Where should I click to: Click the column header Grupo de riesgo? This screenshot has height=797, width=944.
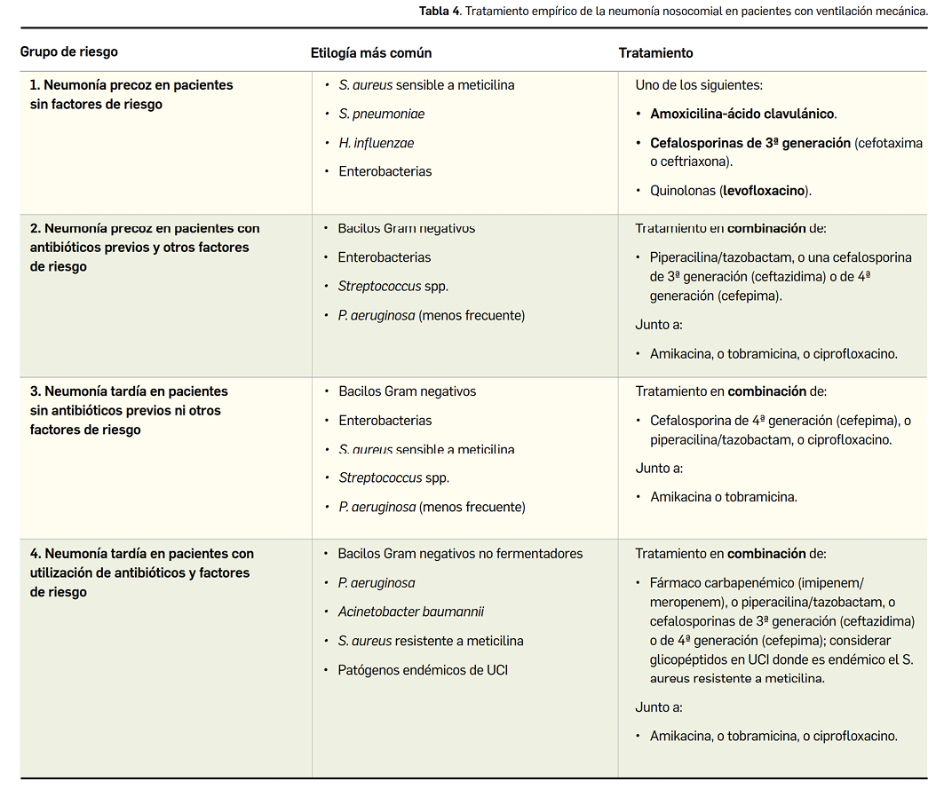pyautogui.click(x=69, y=52)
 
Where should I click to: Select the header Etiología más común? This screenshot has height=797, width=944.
pyautogui.click(x=371, y=52)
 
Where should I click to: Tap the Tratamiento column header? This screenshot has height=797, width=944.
pyautogui.click(x=655, y=53)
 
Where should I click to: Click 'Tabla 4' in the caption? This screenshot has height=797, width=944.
pyautogui.click(x=440, y=11)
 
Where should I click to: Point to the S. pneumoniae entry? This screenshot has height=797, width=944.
pyautogui.click(x=382, y=114)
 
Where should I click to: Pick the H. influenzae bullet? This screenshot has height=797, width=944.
pyautogui.click(x=377, y=143)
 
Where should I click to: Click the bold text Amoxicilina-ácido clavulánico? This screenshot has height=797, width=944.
pyautogui.click(x=742, y=114)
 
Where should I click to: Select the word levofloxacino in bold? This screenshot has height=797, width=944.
pyautogui.click(x=765, y=190)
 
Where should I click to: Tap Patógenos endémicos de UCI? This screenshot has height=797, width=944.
pyautogui.click(x=423, y=670)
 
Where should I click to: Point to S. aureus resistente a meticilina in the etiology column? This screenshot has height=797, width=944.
pyautogui.click(x=431, y=641)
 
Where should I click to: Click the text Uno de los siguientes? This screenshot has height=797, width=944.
pyautogui.click(x=699, y=85)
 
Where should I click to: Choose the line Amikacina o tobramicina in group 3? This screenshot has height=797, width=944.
pyautogui.click(x=724, y=497)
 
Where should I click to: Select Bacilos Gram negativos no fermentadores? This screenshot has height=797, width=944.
pyautogui.click(x=460, y=554)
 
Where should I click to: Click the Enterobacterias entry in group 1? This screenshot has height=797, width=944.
pyautogui.click(x=385, y=171)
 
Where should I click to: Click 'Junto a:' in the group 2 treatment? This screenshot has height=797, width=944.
pyautogui.click(x=659, y=325)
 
